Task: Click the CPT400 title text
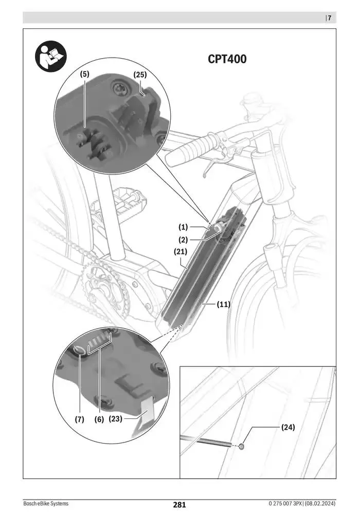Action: coord(227,59)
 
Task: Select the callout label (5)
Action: coord(84,75)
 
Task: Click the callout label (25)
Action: coord(140,75)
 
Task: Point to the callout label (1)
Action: coord(184,226)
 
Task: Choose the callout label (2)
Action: coord(184,239)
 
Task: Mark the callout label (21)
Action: coord(179,252)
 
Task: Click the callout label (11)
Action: coord(223,304)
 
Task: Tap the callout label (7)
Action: coord(79,419)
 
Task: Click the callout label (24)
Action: coord(289,427)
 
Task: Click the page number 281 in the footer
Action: coord(179,505)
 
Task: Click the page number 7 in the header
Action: coord(329,18)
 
